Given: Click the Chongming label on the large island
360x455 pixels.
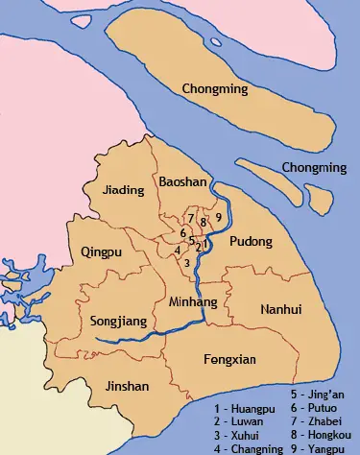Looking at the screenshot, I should tap(215, 89).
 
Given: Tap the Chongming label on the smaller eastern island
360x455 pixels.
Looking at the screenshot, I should tap(312, 168).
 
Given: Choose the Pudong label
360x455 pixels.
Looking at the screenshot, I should tap(253, 241).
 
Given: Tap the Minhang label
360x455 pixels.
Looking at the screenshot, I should tap(193, 301).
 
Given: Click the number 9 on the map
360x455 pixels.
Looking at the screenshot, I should tap(219, 217).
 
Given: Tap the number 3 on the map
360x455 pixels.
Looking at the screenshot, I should tap(186, 262).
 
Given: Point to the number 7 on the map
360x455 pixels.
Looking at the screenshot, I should tap(191, 219).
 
